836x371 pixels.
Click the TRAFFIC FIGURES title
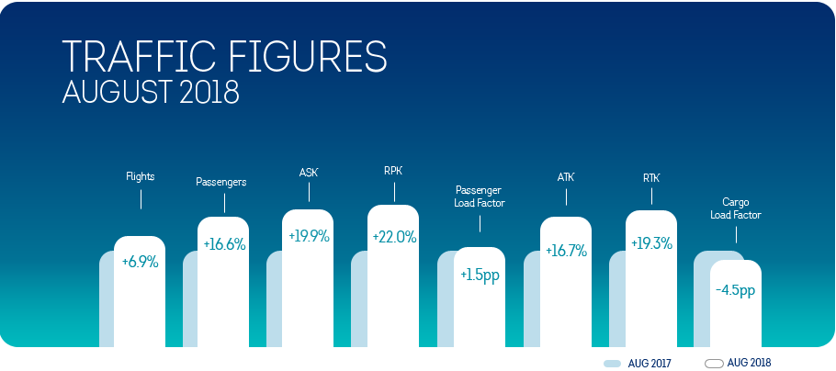224,57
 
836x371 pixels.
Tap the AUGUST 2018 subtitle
151,92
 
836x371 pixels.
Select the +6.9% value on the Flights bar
141,263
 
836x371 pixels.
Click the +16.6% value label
224,244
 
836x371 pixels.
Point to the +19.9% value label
309,236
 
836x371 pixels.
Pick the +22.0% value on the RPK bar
394,237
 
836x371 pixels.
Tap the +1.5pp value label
480,276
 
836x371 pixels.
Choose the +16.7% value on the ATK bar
566,250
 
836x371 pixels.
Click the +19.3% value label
651,243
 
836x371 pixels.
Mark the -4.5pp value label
736,291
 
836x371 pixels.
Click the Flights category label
141,176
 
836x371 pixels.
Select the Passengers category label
221,182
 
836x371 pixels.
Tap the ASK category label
309,173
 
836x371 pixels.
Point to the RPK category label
394,172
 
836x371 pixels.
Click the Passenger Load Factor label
480,197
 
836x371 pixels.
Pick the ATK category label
566,177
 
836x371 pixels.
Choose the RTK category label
651,178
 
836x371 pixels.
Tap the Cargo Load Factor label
736,209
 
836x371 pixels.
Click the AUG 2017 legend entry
638,364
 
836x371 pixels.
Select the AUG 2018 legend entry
738,364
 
